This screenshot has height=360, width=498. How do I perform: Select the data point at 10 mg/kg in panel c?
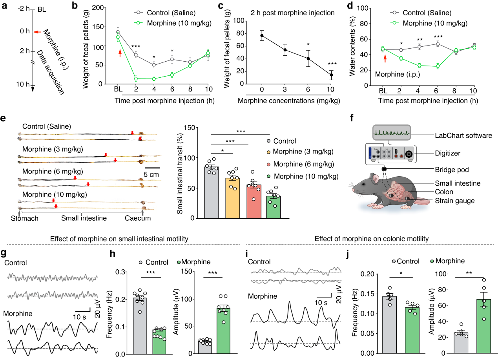pyautogui.click(x=331, y=75)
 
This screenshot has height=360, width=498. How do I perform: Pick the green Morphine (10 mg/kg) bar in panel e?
pyautogui.click(x=274, y=207)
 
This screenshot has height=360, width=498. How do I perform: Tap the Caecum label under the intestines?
pyautogui.click(x=138, y=218)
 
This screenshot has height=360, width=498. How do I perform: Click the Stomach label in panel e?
pyautogui.click(x=25, y=218)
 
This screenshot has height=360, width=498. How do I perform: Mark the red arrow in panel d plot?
pyautogui.click(x=385, y=58)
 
